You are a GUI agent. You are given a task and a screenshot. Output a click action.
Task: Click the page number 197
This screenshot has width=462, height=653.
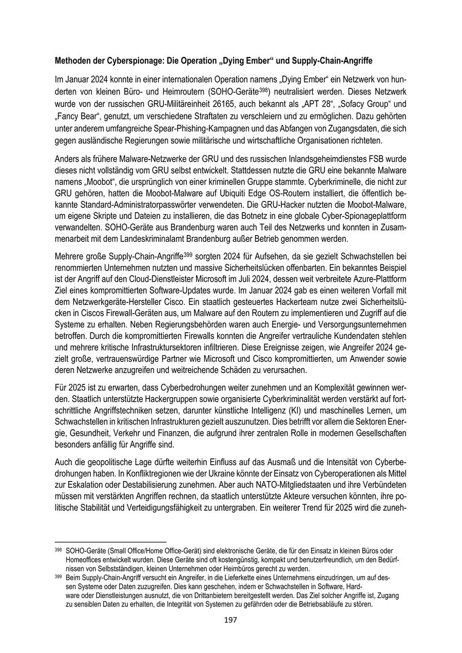[x=230, y=620]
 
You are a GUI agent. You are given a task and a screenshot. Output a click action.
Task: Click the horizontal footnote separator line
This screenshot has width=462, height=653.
[x=110, y=542]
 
